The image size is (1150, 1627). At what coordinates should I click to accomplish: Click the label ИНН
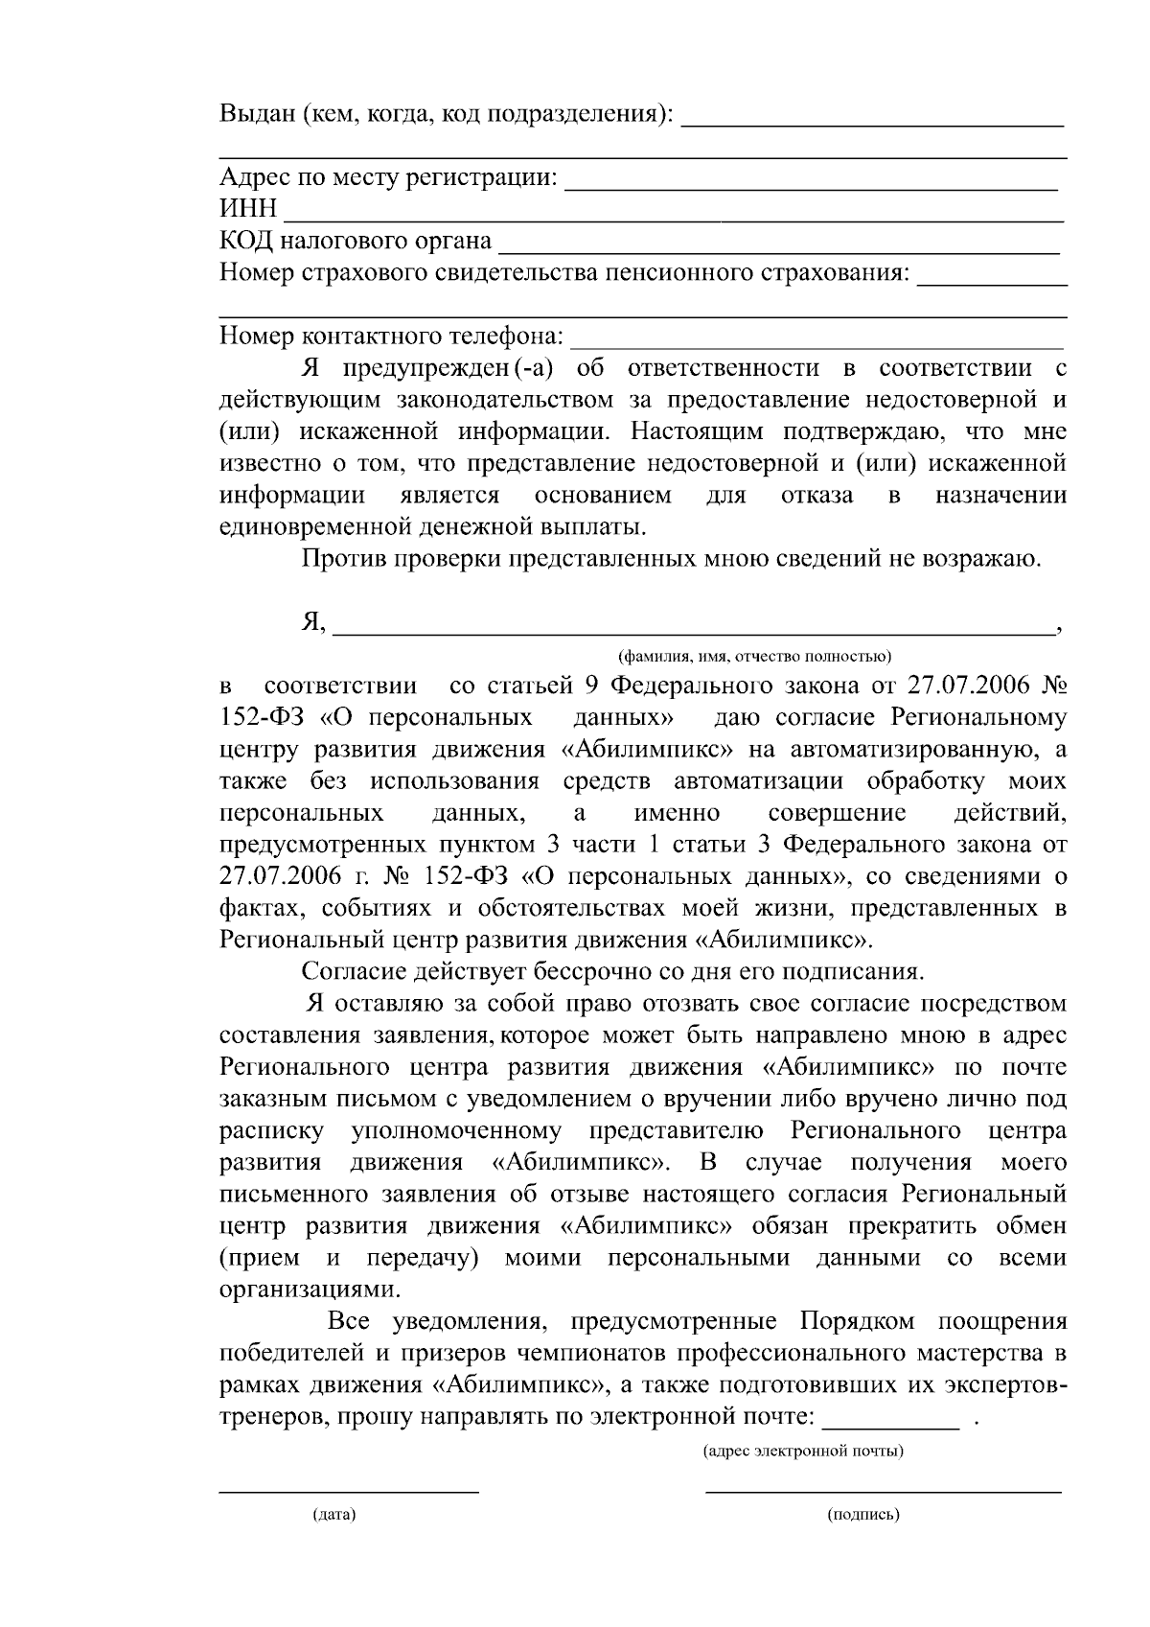248,209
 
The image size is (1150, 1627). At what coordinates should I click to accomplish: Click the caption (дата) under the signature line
333,1515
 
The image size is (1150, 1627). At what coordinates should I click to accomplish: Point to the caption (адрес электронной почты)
803,1451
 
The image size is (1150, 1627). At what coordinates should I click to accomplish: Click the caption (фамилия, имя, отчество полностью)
754,657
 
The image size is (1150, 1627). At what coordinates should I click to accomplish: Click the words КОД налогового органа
356,241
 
